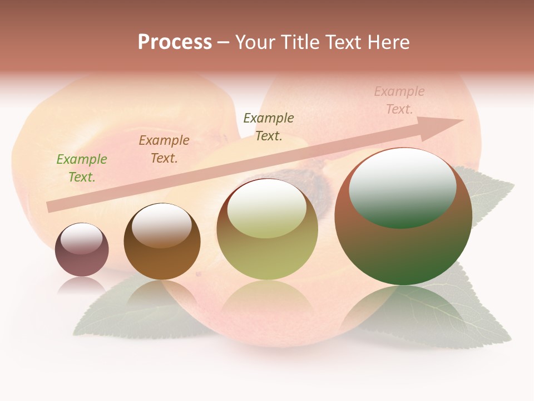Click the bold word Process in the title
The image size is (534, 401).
click(175, 42)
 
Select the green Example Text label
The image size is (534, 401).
click(81, 168)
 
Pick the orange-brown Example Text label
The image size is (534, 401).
click(164, 149)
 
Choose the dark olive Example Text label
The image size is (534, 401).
click(269, 127)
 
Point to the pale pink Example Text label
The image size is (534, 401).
click(399, 100)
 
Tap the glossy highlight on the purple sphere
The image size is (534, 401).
click(81, 239)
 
